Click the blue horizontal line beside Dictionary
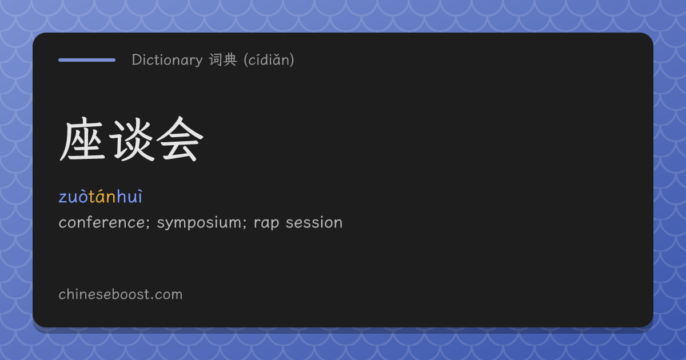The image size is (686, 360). coord(87,60)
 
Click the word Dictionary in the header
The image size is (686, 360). coord(167,60)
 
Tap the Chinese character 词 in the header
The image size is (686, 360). coord(216,59)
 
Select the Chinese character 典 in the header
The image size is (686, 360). coord(230,59)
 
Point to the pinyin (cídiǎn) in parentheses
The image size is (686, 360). coord(269,59)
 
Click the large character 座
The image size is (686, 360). coord(82,139)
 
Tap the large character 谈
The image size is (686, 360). coord(131,139)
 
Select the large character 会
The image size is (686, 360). coord(180,139)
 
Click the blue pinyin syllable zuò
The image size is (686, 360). coord(74,197)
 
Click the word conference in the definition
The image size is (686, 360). coord(102,222)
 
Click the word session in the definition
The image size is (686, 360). coord(314,222)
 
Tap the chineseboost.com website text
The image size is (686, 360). coord(121,294)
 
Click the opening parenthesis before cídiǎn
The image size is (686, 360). coord(246,60)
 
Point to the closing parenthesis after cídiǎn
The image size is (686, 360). coord(292,60)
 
